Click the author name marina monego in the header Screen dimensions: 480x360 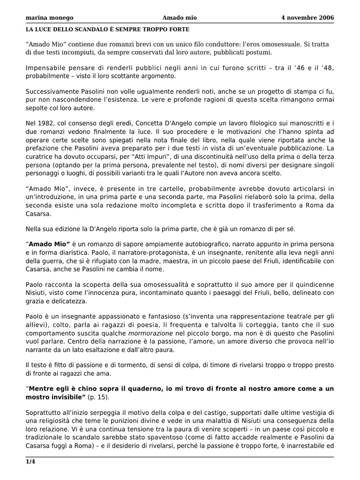(49, 18)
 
